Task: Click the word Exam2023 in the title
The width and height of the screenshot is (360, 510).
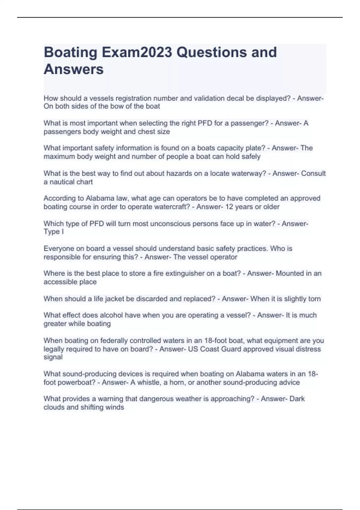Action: click(137, 52)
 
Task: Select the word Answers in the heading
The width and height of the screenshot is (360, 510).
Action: click(73, 69)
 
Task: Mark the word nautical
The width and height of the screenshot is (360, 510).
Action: click(61, 182)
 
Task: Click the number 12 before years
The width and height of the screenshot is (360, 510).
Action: click(229, 207)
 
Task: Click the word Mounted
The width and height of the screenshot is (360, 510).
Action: click(290, 274)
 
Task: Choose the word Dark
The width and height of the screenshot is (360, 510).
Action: click(297, 399)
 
